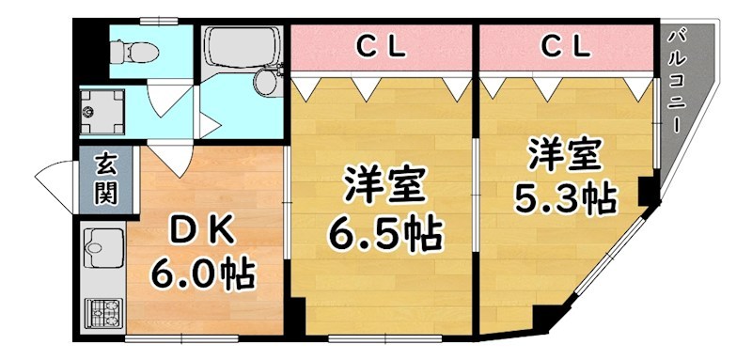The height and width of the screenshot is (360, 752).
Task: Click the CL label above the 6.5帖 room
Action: pyautogui.click(x=380, y=44)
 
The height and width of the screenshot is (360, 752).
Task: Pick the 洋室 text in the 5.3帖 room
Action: pyautogui.click(x=563, y=152)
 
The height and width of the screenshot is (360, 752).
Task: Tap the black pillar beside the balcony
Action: pyautogui.click(x=648, y=192)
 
